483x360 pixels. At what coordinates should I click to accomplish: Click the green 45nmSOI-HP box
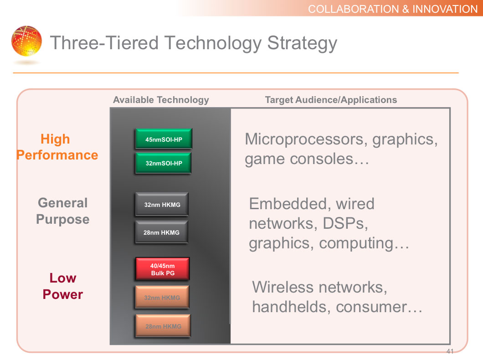click(x=164, y=139)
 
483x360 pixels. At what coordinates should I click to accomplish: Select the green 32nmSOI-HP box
click(x=163, y=163)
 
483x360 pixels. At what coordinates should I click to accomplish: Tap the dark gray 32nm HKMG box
click(x=162, y=204)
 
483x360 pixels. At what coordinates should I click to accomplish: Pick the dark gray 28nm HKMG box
click(x=162, y=232)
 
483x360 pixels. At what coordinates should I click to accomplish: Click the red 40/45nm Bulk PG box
click(x=162, y=269)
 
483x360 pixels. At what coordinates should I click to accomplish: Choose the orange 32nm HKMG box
click(x=162, y=297)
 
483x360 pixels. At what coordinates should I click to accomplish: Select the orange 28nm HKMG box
click(x=163, y=326)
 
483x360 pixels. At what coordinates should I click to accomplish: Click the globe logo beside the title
click(x=26, y=41)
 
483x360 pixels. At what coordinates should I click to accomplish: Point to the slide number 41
click(x=450, y=351)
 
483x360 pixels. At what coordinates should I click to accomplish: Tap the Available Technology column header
click(x=161, y=100)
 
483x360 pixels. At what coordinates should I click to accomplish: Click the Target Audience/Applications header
click(x=331, y=100)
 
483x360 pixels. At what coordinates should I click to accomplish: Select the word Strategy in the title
click(x=302, y=43)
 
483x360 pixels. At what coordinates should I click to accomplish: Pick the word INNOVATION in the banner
click(x=445, y=9)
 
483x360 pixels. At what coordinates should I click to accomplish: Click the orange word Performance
click(x=57, y=155)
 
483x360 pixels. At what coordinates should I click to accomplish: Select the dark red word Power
click(x=63, y=294)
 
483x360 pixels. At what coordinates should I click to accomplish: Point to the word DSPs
click(x=345, y=223)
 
